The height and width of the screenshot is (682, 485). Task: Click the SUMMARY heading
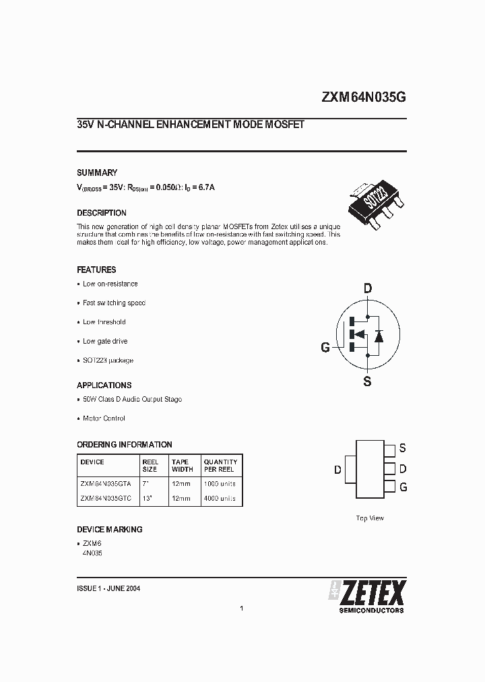point(97,173)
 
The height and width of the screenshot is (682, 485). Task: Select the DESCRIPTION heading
point(102,213)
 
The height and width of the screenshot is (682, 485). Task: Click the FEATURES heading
point(96,270)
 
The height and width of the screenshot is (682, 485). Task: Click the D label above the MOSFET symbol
point(367,289)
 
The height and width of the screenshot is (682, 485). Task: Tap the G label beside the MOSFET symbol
point(325,348)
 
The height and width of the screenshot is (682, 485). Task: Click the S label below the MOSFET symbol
point(367,381)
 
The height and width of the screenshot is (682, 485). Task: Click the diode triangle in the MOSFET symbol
point(379,335)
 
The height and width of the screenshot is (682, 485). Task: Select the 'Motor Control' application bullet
point(104,418)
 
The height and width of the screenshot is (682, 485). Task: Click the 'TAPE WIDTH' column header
point(182,466)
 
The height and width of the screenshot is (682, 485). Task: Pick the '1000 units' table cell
point(220,483)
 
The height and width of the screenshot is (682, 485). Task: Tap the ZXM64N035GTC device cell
point(106,499)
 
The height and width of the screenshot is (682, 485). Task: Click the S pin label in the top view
point(402,448)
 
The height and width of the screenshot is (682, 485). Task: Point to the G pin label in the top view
point(403,487)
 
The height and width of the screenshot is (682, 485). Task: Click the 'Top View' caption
point(370,518)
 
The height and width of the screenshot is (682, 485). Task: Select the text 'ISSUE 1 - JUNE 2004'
point(108,588)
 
